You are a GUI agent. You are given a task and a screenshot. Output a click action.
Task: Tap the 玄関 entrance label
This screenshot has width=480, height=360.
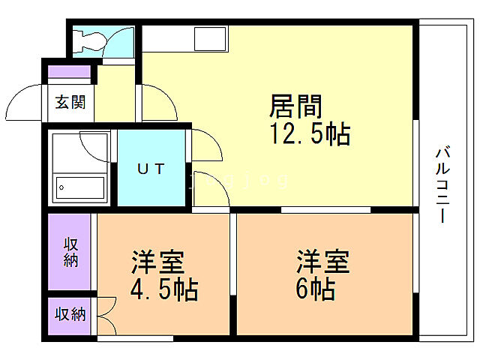70,102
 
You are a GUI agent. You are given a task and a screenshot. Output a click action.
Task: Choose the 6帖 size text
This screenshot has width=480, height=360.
315,289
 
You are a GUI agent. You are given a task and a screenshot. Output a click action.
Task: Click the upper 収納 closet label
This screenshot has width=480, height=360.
70,251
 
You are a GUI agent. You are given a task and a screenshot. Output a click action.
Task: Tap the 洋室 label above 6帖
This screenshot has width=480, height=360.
322,263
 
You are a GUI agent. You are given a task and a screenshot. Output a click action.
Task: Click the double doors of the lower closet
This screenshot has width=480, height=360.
106,315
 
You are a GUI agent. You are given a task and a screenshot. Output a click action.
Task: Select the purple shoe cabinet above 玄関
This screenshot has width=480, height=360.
70,73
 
